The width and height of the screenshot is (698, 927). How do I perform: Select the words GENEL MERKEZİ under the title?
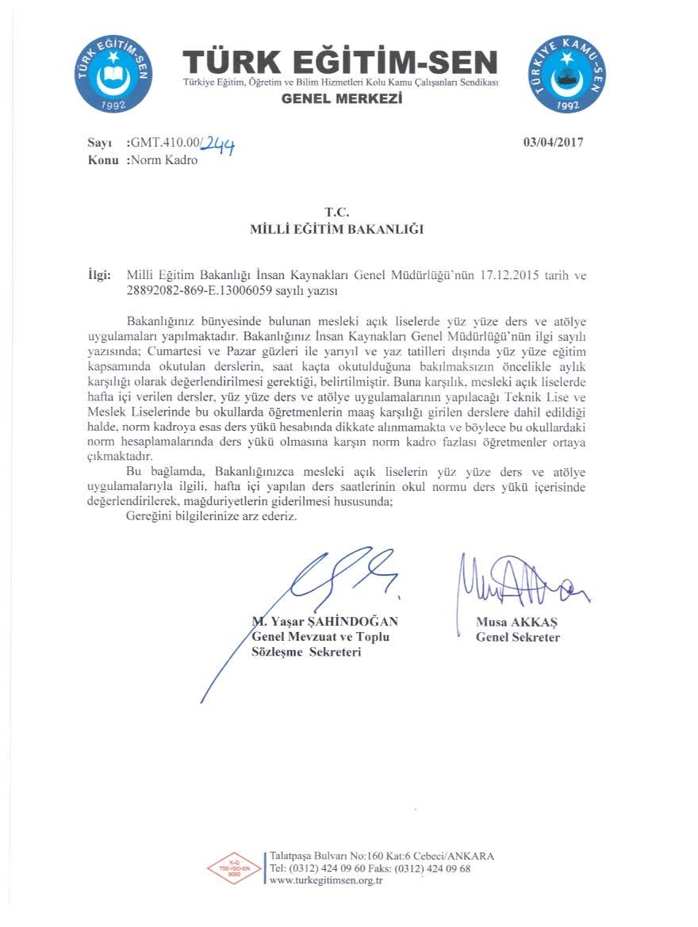(x=342, y=99)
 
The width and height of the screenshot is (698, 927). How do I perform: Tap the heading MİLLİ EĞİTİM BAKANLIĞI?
(x=336, y=229)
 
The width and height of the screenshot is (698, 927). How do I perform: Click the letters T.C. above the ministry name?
(x=336, y=212)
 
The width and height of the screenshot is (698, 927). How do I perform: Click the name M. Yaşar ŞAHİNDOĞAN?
(x=324, y=622)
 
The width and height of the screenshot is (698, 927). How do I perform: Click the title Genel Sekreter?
(x=517, y=638)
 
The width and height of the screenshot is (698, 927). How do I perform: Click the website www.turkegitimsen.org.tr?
(x=327, y=881)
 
